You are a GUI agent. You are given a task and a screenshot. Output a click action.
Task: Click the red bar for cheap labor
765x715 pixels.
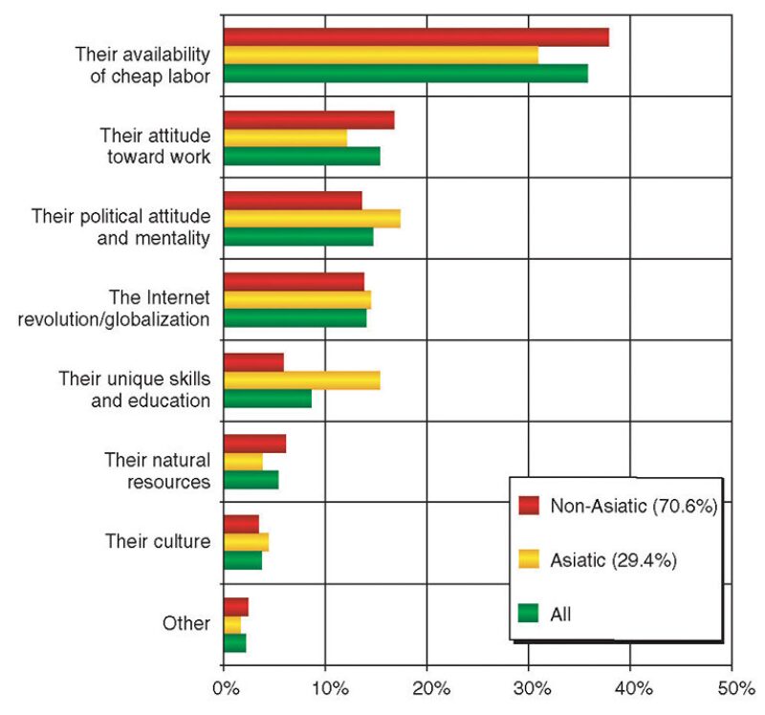coord(416,37)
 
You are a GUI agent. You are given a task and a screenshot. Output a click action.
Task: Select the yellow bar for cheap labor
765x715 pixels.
coord(381,55)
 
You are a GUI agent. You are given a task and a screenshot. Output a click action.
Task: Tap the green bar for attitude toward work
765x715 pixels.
coord(301,156)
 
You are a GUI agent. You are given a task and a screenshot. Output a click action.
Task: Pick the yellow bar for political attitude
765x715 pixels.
coord(312,218)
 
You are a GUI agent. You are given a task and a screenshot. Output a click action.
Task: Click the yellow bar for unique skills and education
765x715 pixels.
coord(301,380)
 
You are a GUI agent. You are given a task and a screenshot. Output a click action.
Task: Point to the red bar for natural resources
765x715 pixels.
coord(254,444)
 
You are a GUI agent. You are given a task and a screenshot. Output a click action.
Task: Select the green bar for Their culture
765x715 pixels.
coord(242,560)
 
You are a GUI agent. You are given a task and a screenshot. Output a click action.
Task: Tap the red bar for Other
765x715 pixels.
coord(235,606)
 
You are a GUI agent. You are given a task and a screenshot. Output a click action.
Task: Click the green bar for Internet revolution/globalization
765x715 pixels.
coord(295,318)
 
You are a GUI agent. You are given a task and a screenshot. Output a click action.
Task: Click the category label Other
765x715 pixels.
coord(186,623)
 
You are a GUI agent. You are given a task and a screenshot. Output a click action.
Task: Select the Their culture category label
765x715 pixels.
coord(158,542)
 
